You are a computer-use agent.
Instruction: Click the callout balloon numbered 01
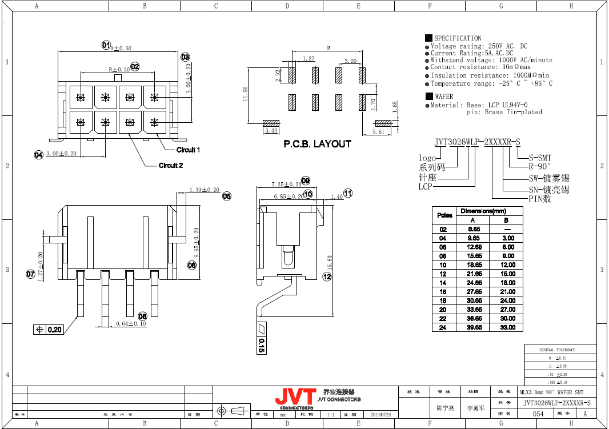106,45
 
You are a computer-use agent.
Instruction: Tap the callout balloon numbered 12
327,277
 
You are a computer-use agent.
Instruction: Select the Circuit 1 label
188,150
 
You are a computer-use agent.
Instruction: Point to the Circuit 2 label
170,166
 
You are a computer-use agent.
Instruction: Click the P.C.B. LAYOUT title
317,144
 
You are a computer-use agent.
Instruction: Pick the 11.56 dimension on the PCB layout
246,94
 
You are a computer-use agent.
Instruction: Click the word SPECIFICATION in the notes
458,38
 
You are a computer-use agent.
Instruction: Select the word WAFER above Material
444,97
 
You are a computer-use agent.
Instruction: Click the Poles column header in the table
444,215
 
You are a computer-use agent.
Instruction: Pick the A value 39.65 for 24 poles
472,327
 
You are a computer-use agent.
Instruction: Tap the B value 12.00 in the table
507,265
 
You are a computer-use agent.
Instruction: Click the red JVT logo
295,396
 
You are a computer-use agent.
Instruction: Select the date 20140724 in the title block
380,414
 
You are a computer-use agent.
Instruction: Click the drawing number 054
538,414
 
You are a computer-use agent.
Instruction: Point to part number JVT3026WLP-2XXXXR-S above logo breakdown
477,142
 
